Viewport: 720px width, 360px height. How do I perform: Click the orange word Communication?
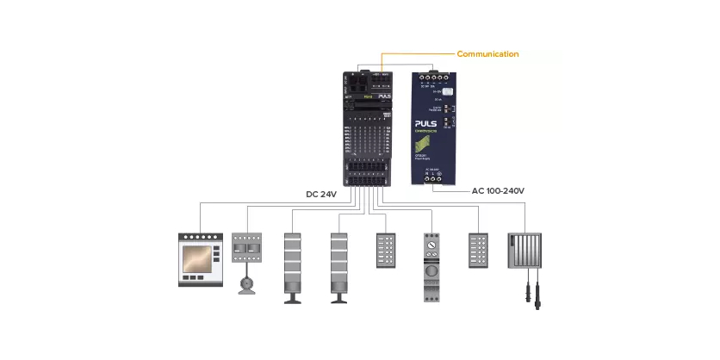tap(487, 54)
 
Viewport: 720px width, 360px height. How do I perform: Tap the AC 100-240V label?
tap(498, 190)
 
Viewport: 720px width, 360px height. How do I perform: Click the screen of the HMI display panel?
tap(200, 256)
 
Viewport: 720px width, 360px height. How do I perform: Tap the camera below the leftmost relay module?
tap(247, 283)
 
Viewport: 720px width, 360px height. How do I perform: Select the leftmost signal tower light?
tap(294, 262)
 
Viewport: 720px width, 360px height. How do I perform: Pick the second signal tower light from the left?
tap(339, 262)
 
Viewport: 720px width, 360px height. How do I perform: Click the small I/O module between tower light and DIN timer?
tap(386, 251)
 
